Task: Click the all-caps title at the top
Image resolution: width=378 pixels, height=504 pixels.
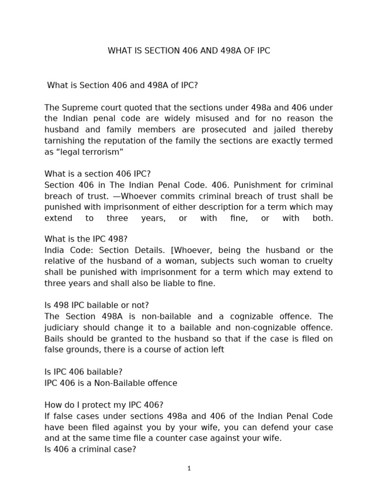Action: tap(189, 51)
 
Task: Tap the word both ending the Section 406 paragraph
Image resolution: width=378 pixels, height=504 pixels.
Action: tap(322, 218)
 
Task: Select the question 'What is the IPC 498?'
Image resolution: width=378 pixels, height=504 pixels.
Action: tap(86, 240)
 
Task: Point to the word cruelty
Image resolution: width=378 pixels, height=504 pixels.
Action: tap(318, 261)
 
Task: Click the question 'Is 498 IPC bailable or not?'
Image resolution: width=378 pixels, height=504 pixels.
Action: tap(96, 305)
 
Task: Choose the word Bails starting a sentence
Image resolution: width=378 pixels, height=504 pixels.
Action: tap(55, 338)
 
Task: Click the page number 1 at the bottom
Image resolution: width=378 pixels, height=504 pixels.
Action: tap(189, 469)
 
